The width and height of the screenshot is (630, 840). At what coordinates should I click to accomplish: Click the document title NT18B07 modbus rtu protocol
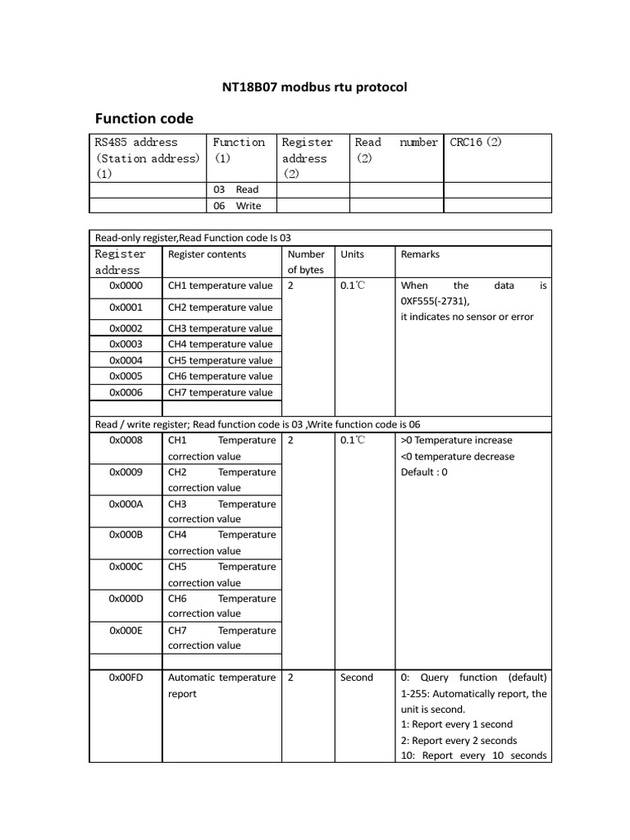pyautogui.click(x=314, y=86)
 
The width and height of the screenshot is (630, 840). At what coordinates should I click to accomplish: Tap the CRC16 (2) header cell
pyautogui.click(x=476, y=142)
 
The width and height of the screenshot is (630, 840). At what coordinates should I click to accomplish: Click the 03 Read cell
pyautogui.click(x=236, y=189)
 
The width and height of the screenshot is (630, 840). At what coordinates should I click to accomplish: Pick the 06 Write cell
pyautogui.click(x=237, y=206)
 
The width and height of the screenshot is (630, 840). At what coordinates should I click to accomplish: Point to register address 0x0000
pyautogui.click(x=126, y=285)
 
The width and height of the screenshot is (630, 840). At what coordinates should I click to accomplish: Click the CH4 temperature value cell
pyautogui.click(x=220, y=345)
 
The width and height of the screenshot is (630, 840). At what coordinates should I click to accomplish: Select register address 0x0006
pyautogui.click(x=126, y=392)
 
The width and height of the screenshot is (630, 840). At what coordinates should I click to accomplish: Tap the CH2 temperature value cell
pyautogui.click(x=220, y=308)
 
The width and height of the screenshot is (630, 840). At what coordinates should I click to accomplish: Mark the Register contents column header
pyautogui.click(x=207, y=254)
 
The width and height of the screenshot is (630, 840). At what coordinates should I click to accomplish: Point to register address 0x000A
pyautogui.click(x=126, y=504)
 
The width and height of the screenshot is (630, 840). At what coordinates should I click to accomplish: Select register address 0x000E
pyautogui.click(x=126, y=630)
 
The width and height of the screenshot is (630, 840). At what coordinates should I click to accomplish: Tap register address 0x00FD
pyautogui.click(x=126, y=678)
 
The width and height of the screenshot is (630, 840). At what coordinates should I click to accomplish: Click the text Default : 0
pyautogui.click(x=424, y=472)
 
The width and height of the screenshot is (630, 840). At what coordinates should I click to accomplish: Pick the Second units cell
pyautogui.click(x=356, y=678)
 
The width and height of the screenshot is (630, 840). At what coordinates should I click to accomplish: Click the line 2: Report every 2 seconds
pyautogui.click(x=459, y=740)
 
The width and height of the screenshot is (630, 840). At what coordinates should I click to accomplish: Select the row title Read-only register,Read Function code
pyautogui.click(x=194, y=238)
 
